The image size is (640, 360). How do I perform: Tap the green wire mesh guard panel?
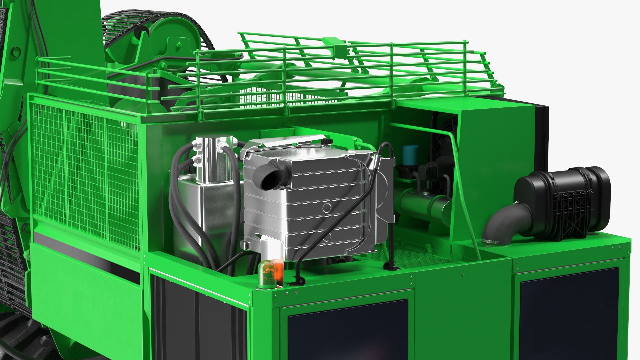[83, 173]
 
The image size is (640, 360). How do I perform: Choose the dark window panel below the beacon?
[348, 330]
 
